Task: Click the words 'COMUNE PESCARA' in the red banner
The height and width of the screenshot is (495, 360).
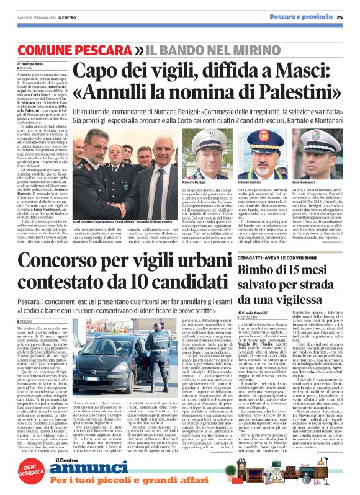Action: click(x=70, y=48)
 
